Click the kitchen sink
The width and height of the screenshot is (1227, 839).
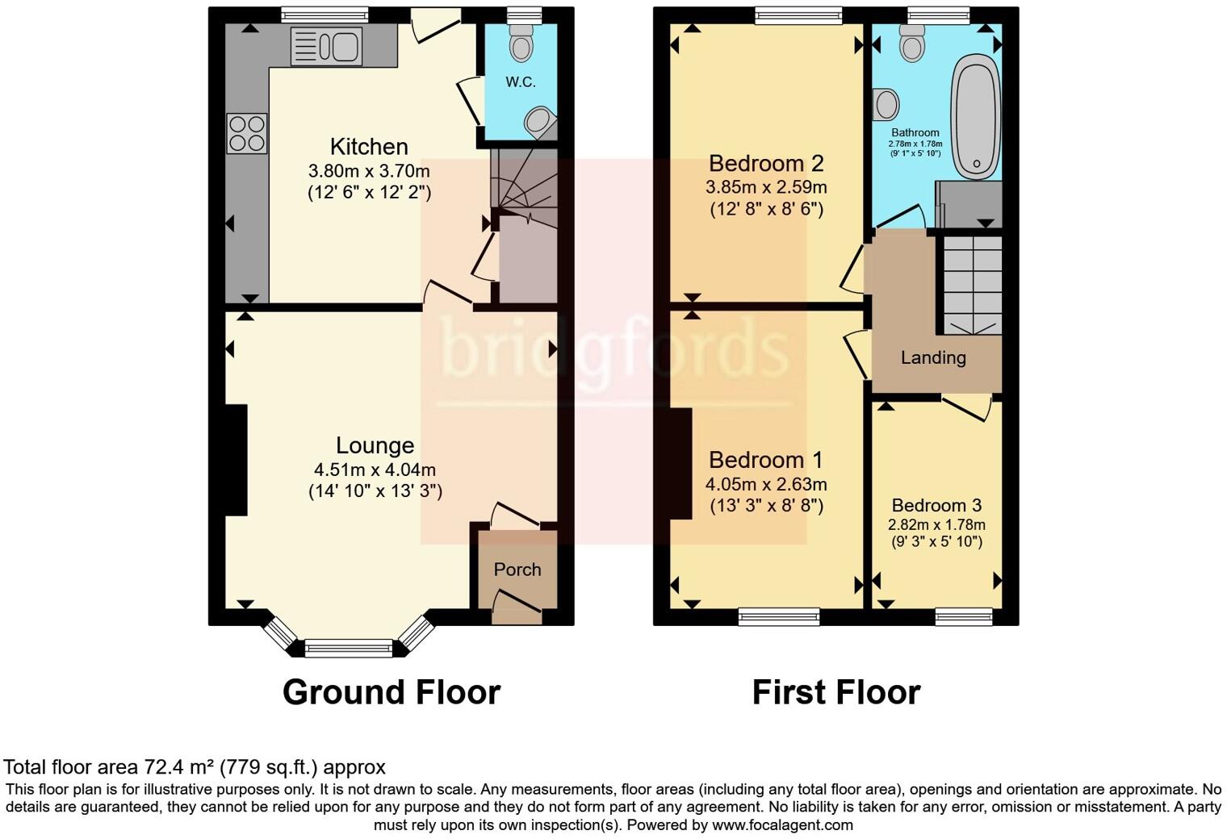326,47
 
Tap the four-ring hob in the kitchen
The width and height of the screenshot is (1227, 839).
247,134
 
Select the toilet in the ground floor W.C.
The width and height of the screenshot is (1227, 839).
521,42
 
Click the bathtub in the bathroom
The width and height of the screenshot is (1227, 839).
976,117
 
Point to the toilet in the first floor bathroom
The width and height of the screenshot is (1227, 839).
911,43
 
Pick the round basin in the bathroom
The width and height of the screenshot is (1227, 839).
886,104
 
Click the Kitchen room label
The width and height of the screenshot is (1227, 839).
369,147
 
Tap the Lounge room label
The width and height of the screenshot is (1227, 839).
375,445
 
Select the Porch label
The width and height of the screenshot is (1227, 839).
517,570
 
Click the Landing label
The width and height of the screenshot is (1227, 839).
933,358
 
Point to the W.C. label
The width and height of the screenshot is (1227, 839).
521,82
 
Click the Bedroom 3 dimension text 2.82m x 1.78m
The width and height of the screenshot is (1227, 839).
936,525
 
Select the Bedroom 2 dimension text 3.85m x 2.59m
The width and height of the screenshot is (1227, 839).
766,188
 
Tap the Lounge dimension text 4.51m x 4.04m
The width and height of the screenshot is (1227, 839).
375,470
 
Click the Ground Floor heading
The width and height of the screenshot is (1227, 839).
391,692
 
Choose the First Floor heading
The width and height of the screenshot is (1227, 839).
836,692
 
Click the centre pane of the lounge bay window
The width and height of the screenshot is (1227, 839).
349,649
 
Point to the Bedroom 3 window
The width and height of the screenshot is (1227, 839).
964,617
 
